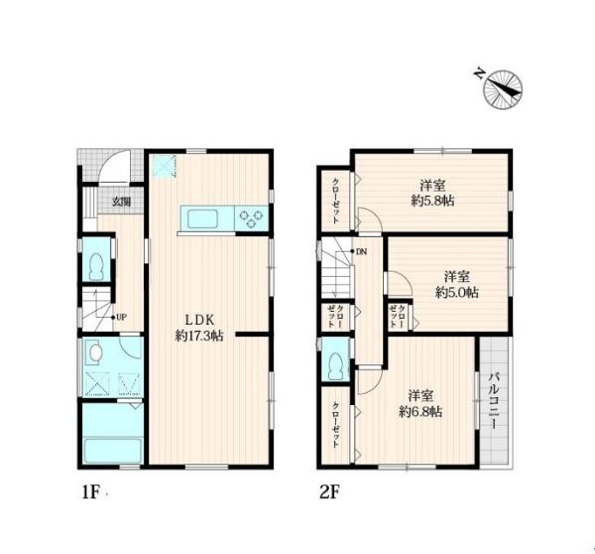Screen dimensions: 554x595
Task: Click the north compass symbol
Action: coord(503,87)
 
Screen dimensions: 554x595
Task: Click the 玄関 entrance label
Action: coord(121,202)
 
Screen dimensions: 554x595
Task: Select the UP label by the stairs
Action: coord(120,318)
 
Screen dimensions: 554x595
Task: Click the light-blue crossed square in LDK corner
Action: coord(163,168)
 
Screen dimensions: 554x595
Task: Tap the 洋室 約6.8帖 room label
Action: coord(420,402)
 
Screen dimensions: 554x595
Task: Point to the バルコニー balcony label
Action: coord(492,400)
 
